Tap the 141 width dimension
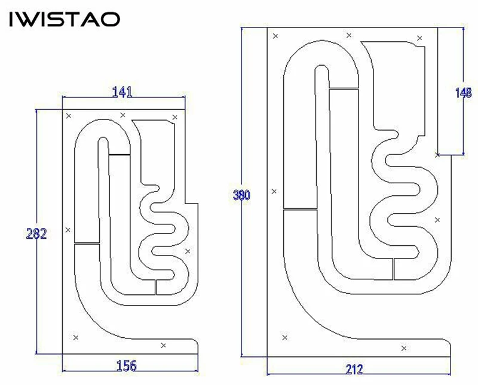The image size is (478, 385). (x=122, y=92)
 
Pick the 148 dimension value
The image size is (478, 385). (x=463, y=93)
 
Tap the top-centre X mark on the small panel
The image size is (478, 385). (x=123, y=115)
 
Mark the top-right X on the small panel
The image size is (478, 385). (x=174, y=117)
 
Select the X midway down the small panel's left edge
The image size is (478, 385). (x=68, y=230)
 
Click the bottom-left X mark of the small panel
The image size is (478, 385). (x=75, y=338)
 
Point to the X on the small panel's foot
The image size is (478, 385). (x=164, y=345)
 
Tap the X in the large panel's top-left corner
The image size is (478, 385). (x=275, y=36)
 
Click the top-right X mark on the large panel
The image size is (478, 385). (x=419, y=38)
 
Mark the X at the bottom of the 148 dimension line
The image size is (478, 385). (x=438, y=155)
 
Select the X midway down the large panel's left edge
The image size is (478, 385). (x=274, y=191)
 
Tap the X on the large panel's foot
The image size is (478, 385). (x=404, y=348)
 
